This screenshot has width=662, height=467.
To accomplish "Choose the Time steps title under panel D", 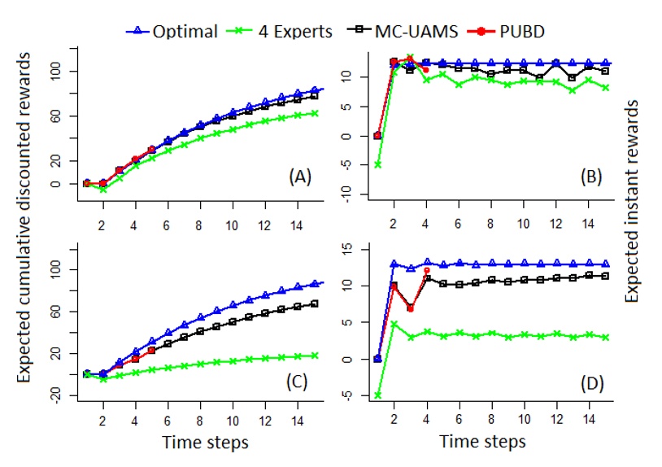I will pyautogui.click(x=483, y=443).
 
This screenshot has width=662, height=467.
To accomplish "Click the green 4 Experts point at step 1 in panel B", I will pyautogui.click(x=377, y=164).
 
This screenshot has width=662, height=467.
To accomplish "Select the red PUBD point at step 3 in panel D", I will pyautogui.click(x=410, y=308).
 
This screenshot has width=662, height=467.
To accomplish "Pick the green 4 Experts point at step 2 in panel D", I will pyautogui.click(x=394, y=324).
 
